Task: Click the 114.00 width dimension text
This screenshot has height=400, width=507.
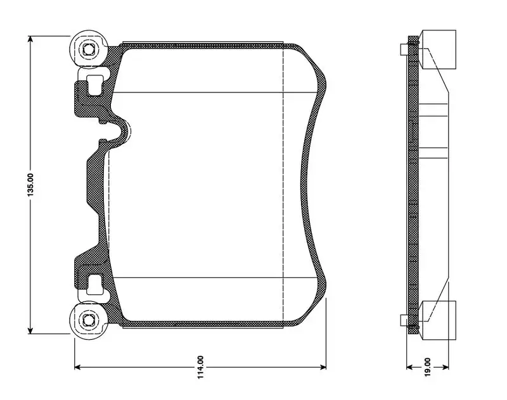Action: tap(200, 366)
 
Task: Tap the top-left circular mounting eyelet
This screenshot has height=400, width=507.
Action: tap(87, 49)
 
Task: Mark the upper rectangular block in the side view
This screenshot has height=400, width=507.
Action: tap(438, 49)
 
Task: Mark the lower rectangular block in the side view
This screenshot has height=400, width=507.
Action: tap(438, 320)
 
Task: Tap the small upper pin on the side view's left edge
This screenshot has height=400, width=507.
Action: tap(404, 49)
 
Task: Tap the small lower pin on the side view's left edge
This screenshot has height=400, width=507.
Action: tap(404, 320)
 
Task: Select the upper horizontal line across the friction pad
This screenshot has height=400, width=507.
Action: tap(215, 93)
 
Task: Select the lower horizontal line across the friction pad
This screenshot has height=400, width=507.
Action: tap(215, 277)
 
